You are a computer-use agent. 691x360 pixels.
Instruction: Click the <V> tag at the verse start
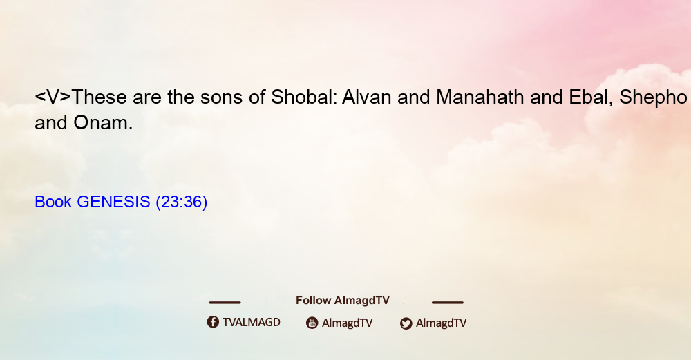[53, 97]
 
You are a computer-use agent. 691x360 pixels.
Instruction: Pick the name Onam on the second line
[103, 122]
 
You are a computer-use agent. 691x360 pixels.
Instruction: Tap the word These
[99, 97]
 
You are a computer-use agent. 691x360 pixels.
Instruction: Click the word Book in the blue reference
[53, 202]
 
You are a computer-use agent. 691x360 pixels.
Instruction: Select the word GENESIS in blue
[113, 202]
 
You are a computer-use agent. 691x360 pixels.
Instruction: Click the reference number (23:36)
[182, 202]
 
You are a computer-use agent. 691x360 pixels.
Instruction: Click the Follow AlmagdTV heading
[343, 301]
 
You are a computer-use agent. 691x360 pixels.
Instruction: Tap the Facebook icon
[213, 322]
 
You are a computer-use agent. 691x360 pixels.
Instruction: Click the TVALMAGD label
[252, 323]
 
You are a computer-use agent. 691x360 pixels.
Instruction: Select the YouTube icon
[312, 323]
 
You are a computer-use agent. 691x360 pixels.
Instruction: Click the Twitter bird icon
[406, 323]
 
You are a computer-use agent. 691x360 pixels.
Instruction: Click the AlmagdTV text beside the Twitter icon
[441, 323]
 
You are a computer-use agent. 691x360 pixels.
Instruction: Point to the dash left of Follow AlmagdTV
[225, 302]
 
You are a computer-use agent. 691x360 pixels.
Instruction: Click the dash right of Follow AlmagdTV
[448, 302]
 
